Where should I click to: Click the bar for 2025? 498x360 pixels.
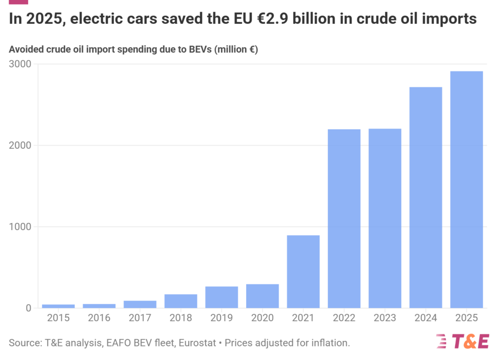point(466,190)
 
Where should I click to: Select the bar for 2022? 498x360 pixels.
point(344,218)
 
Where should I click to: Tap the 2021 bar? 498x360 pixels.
point(303,271)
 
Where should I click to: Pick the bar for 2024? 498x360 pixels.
point(426,198)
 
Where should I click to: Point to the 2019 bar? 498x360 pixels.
point(221,297)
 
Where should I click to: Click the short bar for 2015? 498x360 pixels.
point(58,306)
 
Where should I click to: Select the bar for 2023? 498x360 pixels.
point(385,218)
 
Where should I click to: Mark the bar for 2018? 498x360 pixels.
point(180,301)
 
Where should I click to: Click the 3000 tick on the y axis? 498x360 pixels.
point(20,64)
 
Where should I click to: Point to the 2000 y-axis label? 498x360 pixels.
point(20,145)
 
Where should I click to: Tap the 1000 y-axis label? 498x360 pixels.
point(20,227)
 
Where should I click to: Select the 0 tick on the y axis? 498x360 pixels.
point(28,308)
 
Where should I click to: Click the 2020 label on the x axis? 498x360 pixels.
point(262,319)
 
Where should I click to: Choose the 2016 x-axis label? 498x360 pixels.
point(99,319)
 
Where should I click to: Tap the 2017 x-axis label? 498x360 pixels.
point(140,319)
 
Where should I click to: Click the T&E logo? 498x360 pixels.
point(462,342)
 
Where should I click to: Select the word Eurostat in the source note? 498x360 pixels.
point(197,342)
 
